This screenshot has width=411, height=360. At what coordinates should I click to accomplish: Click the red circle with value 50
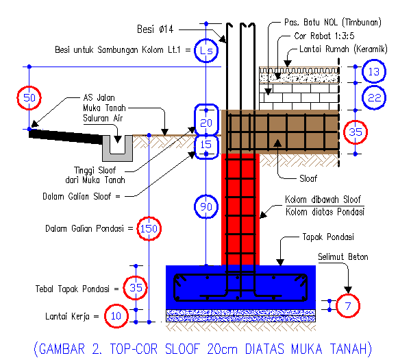tap(29, 98)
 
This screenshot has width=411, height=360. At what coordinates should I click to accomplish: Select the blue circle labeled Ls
tap(206, 50)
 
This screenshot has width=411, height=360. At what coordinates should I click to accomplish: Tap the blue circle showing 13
tap(373, 71)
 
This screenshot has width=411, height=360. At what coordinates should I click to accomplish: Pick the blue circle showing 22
tap(373, 99)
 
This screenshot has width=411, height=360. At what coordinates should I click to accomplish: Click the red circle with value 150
tap(149, 228)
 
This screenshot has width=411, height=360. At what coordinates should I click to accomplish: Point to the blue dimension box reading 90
tap(206, 207)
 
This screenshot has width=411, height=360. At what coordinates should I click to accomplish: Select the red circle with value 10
tap(116, 316)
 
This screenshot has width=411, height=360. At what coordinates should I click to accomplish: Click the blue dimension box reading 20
tap(206, 123)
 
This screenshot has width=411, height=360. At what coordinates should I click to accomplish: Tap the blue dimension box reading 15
tap(206, 145)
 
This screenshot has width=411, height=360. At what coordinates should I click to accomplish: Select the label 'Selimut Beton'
tap(342, 257)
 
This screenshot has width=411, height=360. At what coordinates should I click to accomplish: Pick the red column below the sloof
tap(240, 213)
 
